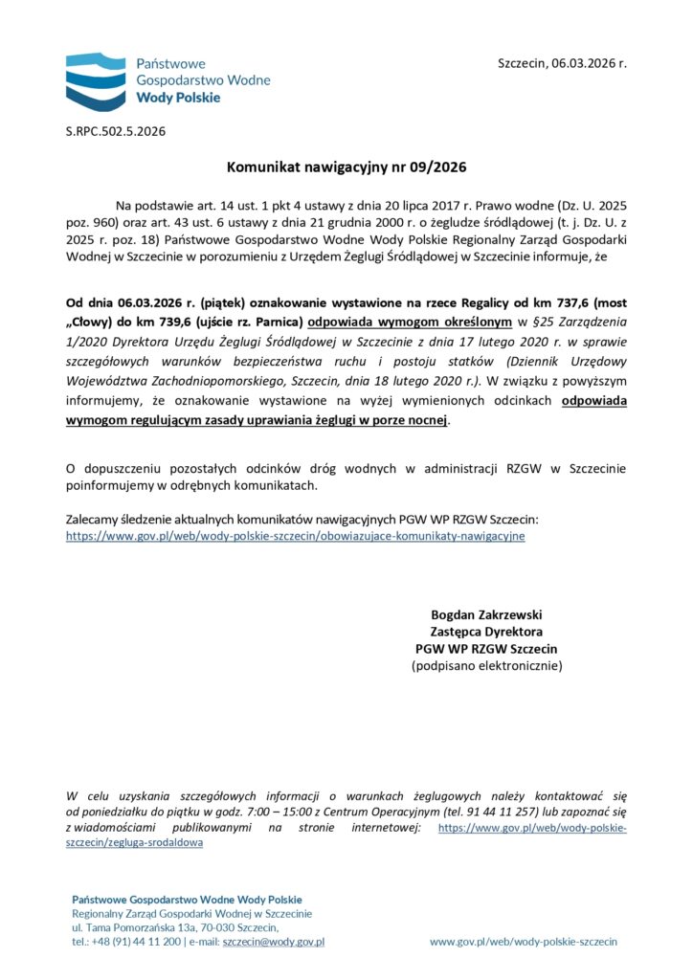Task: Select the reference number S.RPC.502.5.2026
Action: [x=116, y=131]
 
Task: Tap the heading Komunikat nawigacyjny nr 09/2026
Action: [x=346, y=167]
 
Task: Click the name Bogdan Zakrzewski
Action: [x=486, y=614]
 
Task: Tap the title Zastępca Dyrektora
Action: [x=486, y=632]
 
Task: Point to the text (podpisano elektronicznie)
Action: [x=486, y=665]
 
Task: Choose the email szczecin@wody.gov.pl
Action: [x=273, y=942]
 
